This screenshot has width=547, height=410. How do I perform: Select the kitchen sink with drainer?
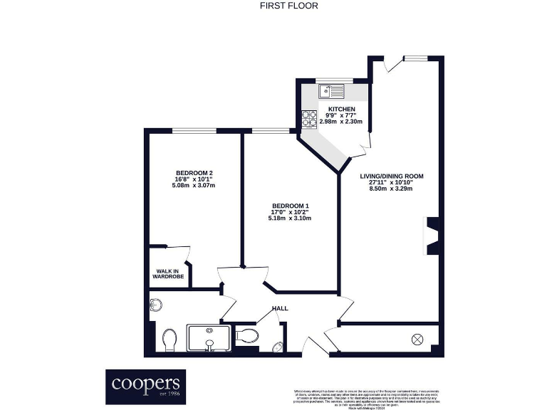tap(332, 91)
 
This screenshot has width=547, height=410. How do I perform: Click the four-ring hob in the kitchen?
tap(310, 118)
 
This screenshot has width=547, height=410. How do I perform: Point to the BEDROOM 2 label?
tap(194, 173)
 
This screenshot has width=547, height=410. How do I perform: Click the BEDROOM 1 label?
tap(291, 206)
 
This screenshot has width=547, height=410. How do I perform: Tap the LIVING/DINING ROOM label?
tap(382, 176)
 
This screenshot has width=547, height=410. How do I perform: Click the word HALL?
tap(281, 309)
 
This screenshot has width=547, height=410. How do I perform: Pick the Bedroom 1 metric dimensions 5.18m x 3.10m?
tap(291, 219)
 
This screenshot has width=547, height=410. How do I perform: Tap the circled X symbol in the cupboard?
tap(417, 340)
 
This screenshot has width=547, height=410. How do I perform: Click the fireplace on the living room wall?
tap(431, 235)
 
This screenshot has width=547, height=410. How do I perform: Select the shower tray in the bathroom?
tap(209, 339)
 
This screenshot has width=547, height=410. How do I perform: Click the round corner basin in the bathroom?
tap(157, 305)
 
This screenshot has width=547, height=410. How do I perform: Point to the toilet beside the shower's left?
tap(170, 340)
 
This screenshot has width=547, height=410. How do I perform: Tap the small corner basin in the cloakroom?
tap(277, 347)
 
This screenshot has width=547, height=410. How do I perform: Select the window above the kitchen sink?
tap(334, 79)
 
